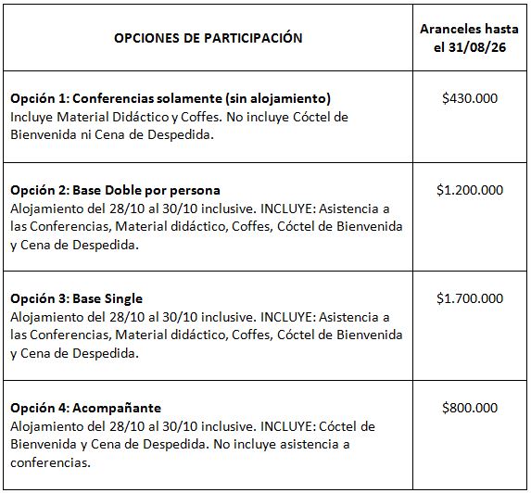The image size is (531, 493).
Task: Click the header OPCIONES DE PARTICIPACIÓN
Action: click(208, 38)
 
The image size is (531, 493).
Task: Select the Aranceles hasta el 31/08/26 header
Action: click(469, 38)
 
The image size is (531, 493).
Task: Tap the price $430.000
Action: click(470, 97)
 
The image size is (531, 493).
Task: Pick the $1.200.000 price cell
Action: click(470, 190)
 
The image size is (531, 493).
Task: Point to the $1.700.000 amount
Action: click(470, 298)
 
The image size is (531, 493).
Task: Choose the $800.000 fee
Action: click(470, 408)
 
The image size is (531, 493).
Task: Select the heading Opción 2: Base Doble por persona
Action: click(128, 190)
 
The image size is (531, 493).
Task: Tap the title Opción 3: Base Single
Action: click(76, 298)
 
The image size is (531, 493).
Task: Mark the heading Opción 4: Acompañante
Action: click(85, 408)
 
